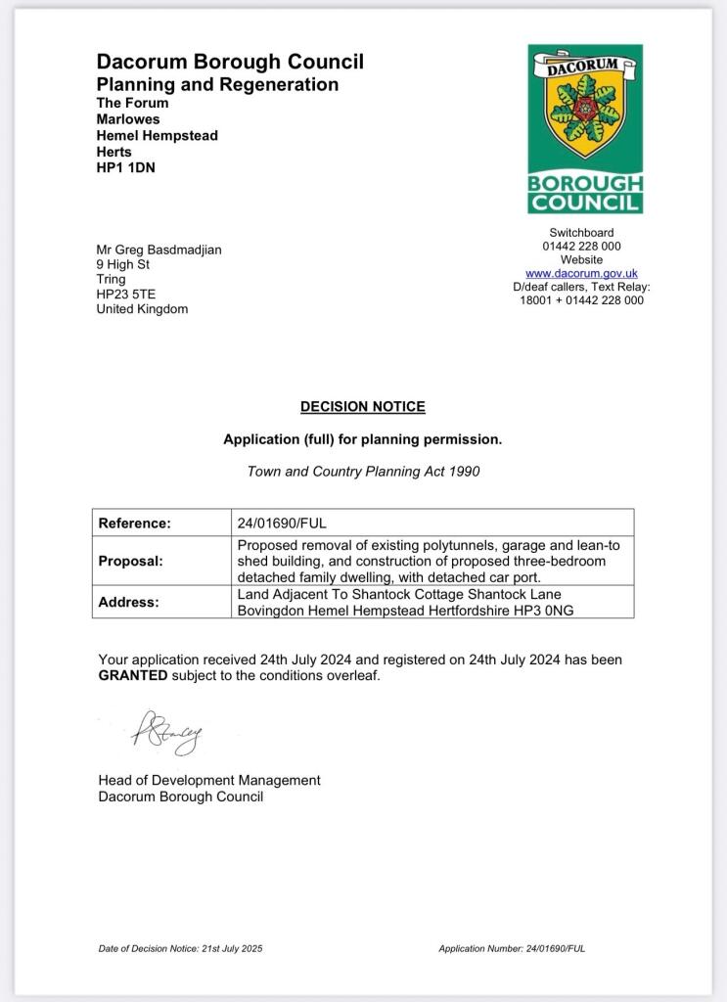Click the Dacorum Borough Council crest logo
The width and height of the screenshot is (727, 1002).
585,128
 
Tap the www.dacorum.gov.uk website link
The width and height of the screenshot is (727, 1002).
581,274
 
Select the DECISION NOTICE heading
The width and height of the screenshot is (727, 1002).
363,407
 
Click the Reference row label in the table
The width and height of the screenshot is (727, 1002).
135,524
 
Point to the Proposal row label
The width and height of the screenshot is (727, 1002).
131,562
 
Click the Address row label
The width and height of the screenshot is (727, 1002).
130,603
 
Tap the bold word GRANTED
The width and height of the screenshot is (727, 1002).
133,676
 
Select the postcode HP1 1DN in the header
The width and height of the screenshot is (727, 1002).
125,167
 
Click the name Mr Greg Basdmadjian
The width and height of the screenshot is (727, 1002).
159,250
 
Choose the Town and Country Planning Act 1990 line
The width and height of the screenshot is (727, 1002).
363,471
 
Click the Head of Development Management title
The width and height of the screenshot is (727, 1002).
209,780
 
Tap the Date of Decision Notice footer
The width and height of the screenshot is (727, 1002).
180,948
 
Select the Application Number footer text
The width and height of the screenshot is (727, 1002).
512,948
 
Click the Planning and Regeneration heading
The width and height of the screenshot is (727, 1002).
217,84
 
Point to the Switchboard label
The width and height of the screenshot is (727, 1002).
581,233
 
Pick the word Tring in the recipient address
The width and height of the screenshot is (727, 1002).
112,280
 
